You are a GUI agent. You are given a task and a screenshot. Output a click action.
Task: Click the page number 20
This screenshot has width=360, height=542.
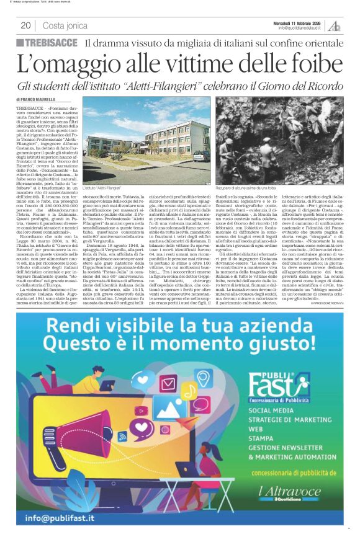coord(25,25)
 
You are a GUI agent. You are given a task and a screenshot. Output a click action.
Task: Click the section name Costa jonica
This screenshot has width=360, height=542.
coord(66,25)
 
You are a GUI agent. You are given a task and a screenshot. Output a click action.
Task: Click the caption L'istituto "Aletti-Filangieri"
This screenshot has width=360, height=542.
coord(101,187)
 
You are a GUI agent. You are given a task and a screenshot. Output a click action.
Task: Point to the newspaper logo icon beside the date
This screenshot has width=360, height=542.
coord(335,25)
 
